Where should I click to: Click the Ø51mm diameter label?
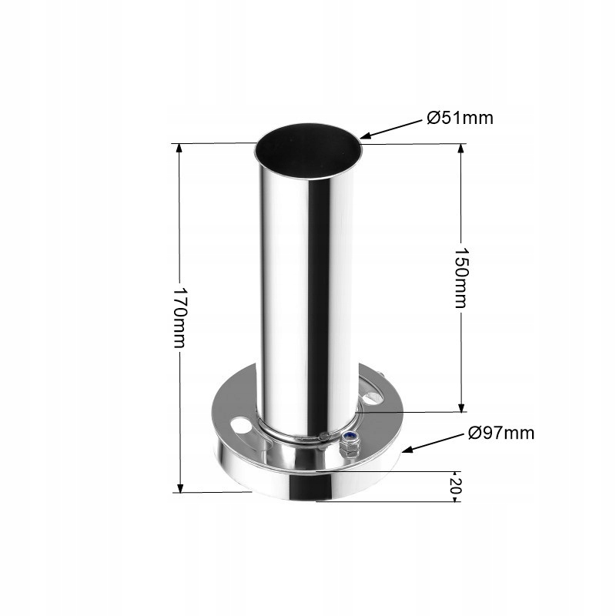pos(460,118)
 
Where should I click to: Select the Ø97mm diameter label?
pos(501,433)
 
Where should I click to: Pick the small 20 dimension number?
pos(456,486)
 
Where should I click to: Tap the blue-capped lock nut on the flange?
pos(351,440)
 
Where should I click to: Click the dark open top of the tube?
pos(307,149)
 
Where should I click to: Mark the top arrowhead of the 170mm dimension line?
pos(179,146)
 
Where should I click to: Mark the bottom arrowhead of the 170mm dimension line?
pos(179,489)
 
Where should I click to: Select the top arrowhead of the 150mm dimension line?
pos(460,147)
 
